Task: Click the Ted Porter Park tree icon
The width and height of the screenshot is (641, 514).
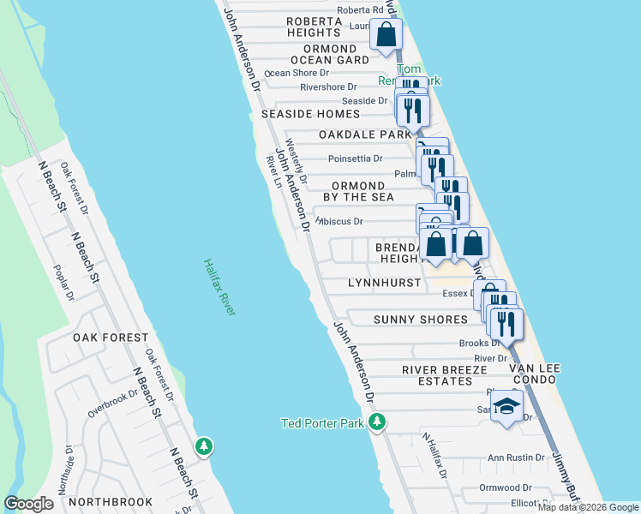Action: (x=376, y=421)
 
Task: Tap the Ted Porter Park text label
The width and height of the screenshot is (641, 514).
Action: (x=323, y=423)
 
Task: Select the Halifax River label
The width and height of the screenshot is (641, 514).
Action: (x=220, y=287)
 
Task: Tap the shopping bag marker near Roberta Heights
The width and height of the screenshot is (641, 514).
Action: (x=386, y=35)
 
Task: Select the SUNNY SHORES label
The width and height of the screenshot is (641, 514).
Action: (x=421, y=320)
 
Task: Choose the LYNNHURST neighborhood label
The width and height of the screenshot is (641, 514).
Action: (x=385, y=283)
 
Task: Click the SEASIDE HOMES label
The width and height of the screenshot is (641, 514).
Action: (x=310, y=114)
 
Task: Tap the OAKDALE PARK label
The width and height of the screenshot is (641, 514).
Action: (x=365, y=135)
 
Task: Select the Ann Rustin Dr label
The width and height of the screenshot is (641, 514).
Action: (x=517, y=457)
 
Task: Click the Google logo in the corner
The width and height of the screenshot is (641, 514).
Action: (x=28, y=504)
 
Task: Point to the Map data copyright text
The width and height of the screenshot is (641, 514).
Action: (x=588, y=507)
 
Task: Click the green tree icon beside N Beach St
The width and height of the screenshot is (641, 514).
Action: (x=203, y=446)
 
